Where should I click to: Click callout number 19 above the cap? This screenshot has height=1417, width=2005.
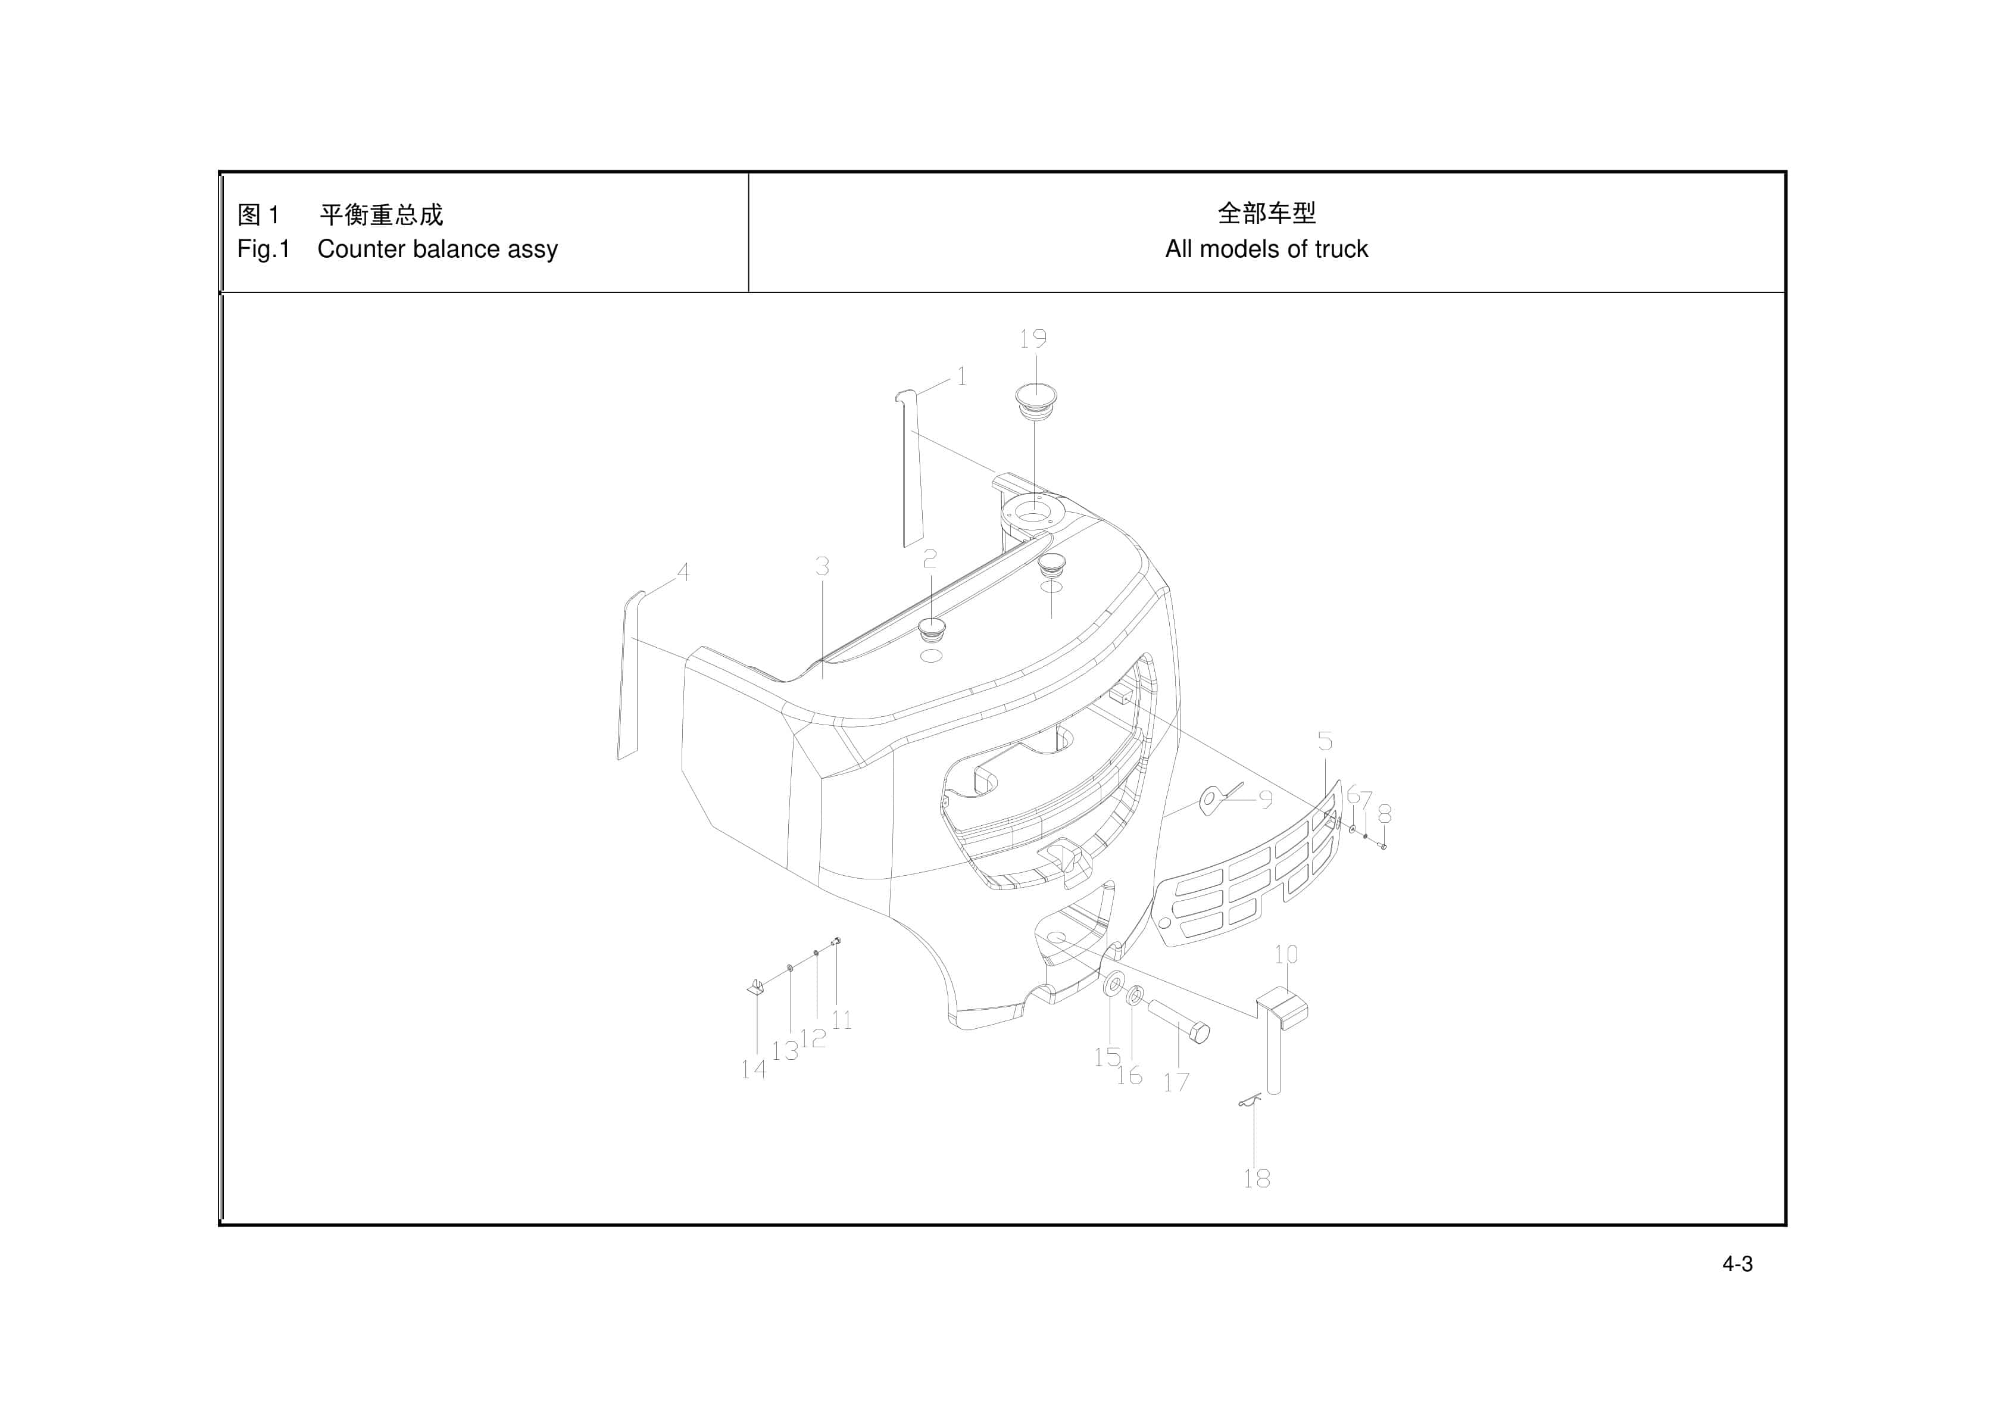[x=1033, y=339]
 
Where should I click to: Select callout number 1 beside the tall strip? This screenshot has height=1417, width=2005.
[x=961, y=376]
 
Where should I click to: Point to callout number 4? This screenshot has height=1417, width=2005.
[x=683, y=572]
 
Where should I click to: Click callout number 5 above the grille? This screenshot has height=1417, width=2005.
[x=1325, y=742]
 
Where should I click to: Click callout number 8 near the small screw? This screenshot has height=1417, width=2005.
[x=1384, y=814]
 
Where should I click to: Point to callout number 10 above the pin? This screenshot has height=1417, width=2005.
[x=1285, y=955]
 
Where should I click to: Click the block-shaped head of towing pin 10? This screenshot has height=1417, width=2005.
[x=1282, y=1006]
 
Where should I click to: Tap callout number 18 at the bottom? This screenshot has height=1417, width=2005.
[x=1257, y=1178]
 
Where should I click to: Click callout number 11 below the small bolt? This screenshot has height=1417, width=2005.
[x=842, y=1020]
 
